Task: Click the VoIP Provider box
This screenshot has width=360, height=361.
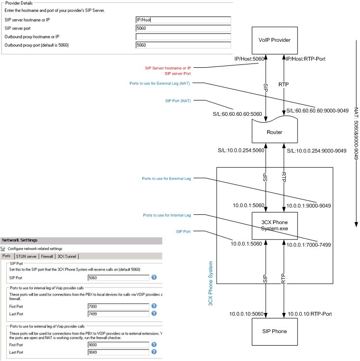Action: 274,40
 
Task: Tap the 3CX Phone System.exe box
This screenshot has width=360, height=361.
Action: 274,225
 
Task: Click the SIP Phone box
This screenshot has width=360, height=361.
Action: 274,332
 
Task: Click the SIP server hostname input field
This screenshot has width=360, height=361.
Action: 183,20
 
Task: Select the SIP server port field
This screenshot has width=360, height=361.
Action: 183,28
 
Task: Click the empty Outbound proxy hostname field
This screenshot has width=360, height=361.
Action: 183,37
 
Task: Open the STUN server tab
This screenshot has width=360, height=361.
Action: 26,256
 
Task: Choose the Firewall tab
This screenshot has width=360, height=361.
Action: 47,256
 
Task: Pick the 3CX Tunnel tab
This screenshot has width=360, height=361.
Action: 66,256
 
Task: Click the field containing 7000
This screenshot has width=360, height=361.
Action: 118,306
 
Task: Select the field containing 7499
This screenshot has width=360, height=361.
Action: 118,314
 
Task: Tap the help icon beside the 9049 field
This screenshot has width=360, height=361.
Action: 154,352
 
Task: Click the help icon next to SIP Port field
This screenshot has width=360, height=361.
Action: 154,277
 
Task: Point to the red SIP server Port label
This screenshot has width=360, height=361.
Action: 178,74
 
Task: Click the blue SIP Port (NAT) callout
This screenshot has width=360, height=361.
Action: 178,101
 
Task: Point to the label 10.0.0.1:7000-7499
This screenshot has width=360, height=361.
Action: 309,245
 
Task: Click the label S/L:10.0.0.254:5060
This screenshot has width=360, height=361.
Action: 241,150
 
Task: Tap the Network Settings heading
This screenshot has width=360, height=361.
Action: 20,240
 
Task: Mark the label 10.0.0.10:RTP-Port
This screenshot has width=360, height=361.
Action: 310,314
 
